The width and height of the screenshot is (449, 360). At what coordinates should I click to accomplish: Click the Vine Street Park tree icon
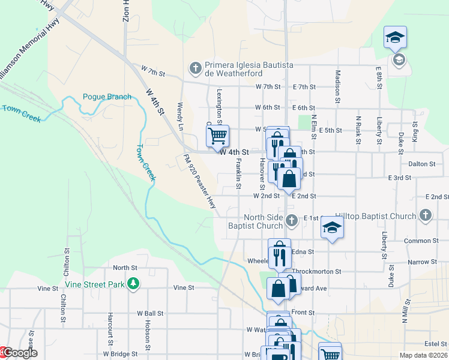(x=133, y=283)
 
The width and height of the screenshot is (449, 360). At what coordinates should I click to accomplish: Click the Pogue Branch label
(x=107, y=97)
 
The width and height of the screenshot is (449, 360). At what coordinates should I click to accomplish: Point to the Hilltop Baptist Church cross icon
(x=425, y=215)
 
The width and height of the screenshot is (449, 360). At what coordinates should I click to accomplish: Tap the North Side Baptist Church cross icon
(x=291, y=220)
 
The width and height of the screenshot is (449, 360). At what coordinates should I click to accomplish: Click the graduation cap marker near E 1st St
(x=331, y=228)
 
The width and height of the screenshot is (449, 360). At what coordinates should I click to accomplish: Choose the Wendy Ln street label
(x=179, y=116)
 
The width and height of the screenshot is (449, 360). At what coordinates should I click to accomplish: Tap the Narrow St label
(x=422, y=262)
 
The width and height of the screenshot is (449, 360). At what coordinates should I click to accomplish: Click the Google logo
(x=19, y=353)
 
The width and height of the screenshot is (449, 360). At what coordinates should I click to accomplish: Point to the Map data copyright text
(x=424, y=355)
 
